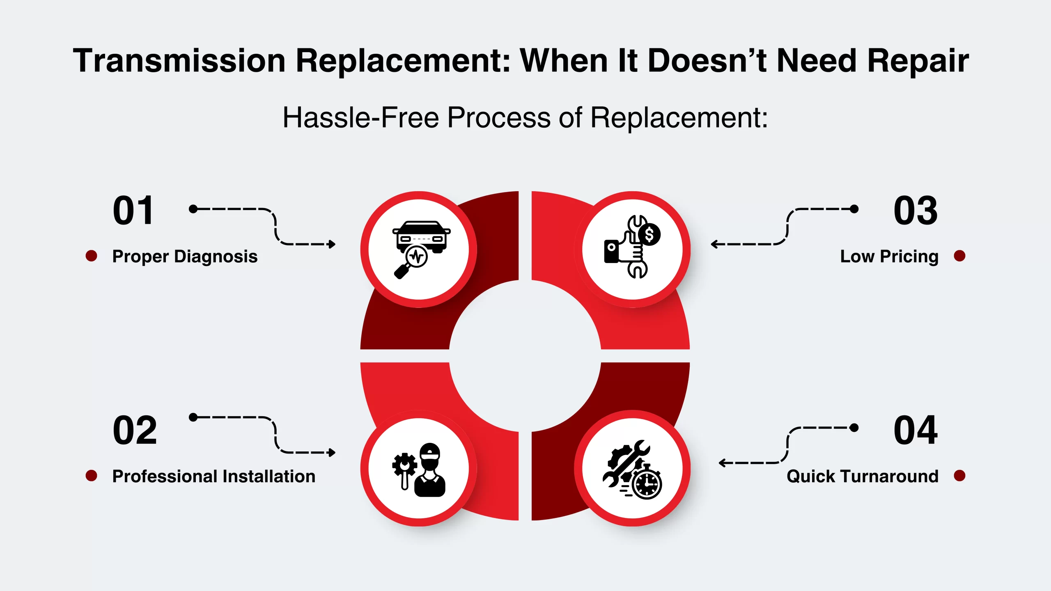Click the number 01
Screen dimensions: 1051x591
[x=133, y=211]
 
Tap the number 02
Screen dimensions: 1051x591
[x=135, y=430]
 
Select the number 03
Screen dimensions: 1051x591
[x=916, y=211]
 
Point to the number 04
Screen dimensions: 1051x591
[x=916, y=430]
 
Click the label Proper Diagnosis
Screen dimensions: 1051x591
[x=185, y=257]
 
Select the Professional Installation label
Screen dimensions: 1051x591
[x=214, y=476]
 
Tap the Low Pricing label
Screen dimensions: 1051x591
[x=889, y=257]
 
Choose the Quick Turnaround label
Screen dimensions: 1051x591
[x=863, y=476]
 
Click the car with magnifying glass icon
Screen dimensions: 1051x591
[x=421, y=250]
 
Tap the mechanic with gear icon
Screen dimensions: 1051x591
[x=419, y=470]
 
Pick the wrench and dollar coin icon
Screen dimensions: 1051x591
[x=632, y=246]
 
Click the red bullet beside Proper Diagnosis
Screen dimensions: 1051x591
[x=91, y=256]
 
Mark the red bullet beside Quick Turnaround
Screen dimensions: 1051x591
[x=959, y=476]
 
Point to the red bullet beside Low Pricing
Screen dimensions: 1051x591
[x=959, y=256]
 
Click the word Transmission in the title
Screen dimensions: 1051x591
[x=179, y=61]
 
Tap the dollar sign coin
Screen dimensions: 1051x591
[x=649, y=235]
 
